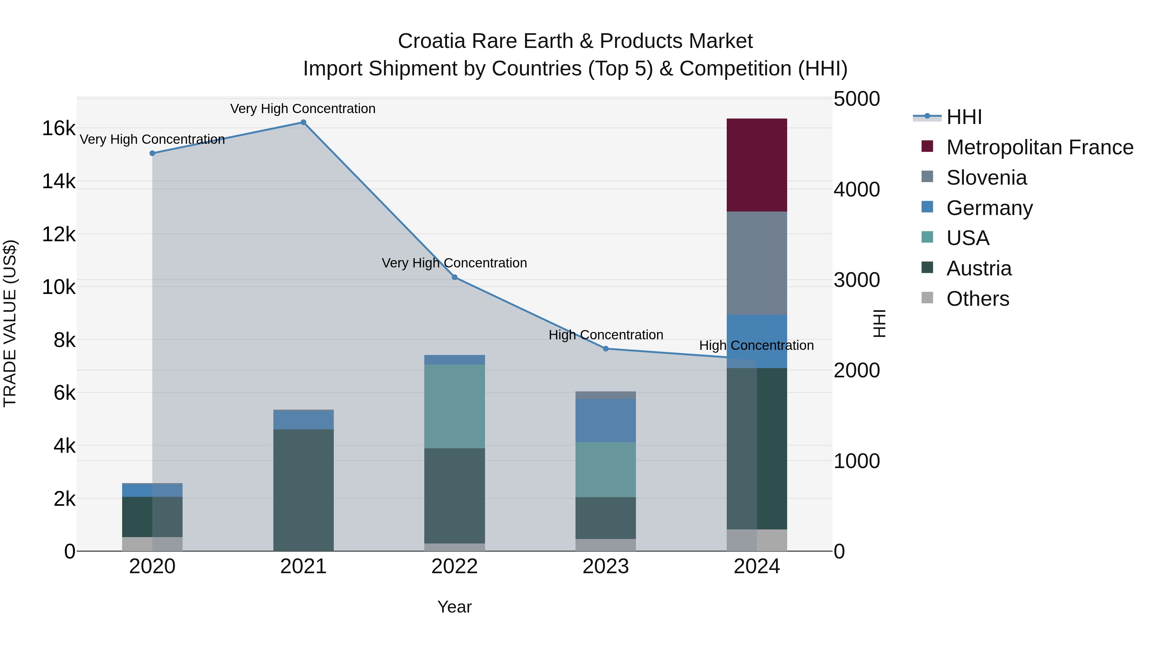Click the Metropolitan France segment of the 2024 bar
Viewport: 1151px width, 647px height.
756,165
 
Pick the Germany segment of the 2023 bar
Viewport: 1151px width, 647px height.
606,420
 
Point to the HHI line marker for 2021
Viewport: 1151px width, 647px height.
303,122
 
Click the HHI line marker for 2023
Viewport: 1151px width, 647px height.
606,349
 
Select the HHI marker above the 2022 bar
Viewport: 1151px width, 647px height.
454,277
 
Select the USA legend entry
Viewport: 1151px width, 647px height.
967,238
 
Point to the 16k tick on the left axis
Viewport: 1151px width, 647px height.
59,128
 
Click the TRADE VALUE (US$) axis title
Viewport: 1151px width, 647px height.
10,323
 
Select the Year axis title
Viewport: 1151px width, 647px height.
454,607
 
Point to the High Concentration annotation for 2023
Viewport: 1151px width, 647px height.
606,335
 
